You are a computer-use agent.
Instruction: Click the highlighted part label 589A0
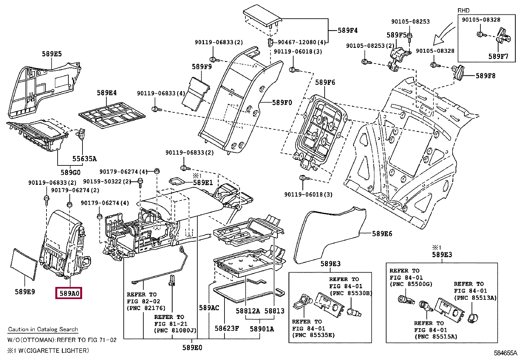[x=69, y=293]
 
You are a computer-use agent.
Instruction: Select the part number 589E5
[x=52, y=54]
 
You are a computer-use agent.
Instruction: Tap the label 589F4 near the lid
[x=348, y=30]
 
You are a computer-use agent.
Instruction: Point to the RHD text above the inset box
[x=463, y=10]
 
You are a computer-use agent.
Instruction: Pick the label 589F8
[x=485, y=76]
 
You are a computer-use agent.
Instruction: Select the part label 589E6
[x=382, y=234]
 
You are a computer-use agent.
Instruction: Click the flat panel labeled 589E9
[x=24, y=264]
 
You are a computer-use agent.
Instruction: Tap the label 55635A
[x=84, y=159]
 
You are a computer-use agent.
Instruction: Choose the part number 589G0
[x=70, y=172]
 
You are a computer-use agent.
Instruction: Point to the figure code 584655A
[x=505, y=353]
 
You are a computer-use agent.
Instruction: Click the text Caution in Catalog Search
[x=43, y=329]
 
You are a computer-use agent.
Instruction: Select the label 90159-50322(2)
[x=107, y=181]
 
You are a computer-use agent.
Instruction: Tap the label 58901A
[x=262, y=329]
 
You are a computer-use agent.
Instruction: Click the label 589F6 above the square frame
[x=325, y=82]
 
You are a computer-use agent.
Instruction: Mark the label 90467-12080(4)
[x=302, y=42]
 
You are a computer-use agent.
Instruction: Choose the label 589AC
[x=209, y=308]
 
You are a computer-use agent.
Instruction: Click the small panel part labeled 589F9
[x=196, y=93]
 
